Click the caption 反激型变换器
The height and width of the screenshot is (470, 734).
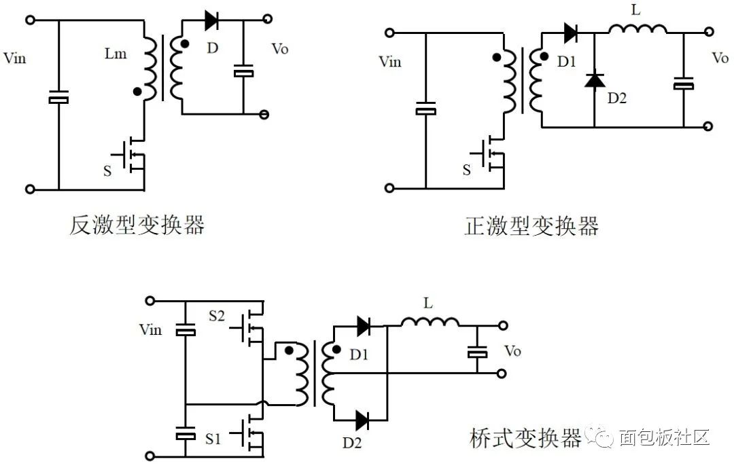pos(137,225)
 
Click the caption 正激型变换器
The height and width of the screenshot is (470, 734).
pos(531,225)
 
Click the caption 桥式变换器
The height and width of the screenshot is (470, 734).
pos(525,437)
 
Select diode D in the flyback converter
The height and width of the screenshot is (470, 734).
pos(211,20)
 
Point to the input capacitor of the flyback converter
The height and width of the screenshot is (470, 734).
pos(58,99)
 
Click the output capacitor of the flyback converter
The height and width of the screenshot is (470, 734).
pos(243,72)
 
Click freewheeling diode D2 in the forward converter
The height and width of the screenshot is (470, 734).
pos(595,80)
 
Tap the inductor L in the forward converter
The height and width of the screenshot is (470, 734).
pos(637,29)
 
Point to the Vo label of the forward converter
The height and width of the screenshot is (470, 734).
pos(720,58)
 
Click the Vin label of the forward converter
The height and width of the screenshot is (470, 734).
pos(389,62)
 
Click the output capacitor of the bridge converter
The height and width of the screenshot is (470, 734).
pos(477,352)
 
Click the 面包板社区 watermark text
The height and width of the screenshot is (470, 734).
pos(663,437)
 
